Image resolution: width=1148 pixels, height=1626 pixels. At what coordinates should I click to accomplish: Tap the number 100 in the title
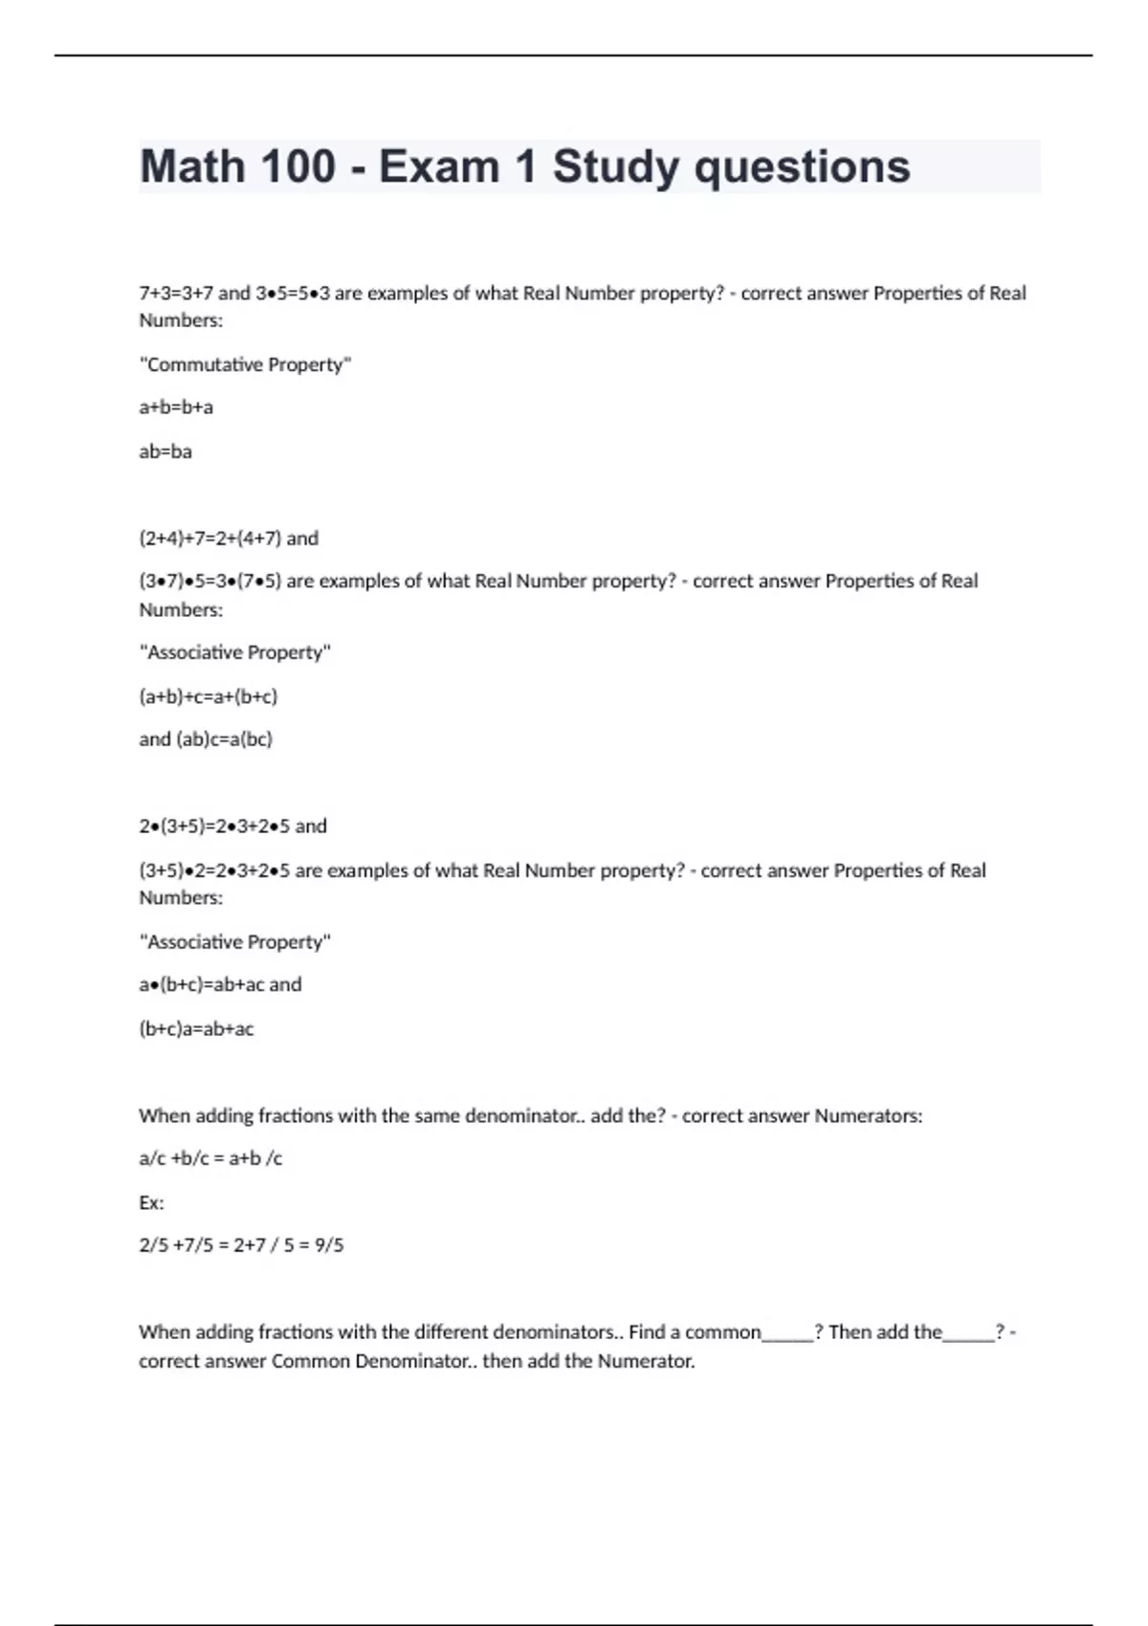coord(298,166)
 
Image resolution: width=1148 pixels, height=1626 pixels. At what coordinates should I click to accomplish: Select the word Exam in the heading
coord(439,166)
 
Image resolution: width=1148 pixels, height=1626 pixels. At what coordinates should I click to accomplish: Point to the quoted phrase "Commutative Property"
coord(245,364)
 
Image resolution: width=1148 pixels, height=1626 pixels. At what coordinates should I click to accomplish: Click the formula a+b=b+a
coord(176,407)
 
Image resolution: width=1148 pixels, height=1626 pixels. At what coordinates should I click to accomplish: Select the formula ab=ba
coord(166,451)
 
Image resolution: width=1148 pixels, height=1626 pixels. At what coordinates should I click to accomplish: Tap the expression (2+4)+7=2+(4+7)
coord(210,538)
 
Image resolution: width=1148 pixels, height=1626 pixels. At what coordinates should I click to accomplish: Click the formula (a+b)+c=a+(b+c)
coord(209,696)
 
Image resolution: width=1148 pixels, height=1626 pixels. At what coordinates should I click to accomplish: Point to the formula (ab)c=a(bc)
coord(224,739)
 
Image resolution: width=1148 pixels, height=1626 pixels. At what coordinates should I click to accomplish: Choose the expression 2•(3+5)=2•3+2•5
coord(214,826)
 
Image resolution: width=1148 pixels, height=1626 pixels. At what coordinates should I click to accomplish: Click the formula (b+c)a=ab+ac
coord(196,1029)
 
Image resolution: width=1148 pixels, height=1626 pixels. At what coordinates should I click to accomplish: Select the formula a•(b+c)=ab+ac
coord(201,985)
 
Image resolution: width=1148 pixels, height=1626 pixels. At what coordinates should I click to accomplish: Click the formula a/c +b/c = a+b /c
coord(210,1158)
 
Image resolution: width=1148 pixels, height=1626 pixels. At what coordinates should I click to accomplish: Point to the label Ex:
coord(151,1202)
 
